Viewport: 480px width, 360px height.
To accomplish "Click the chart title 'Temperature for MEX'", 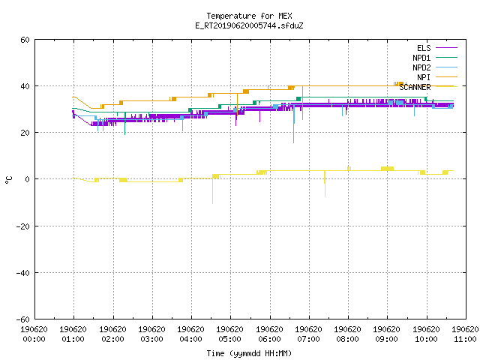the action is click(x=249, y=16).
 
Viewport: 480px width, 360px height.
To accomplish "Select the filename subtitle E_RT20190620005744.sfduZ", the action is click(x=249, y=25).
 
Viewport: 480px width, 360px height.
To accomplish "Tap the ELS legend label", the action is click(x=424, y=48).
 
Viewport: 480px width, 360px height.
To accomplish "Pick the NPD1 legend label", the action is click(x=421, y=58).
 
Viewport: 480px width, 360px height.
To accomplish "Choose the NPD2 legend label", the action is click(x=421, y=67).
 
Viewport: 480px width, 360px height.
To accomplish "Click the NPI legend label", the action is click(x=424, y=77).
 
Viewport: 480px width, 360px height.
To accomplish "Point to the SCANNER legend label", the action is click(x=415, y=87).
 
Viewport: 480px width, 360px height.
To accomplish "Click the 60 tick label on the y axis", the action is click(x=25, y=40).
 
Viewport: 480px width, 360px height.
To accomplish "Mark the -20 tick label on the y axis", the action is click(x=23, y=226).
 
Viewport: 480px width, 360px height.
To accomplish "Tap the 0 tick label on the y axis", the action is click(x=28, y=179).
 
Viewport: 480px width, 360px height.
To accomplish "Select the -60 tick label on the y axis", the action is click(x=23, y=319).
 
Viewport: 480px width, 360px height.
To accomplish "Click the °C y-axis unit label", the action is click(x=8, y=180).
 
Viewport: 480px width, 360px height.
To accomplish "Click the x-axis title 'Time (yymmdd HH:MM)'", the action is click(x=249, y=353).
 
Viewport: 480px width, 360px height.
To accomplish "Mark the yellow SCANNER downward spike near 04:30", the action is click(x=212, y=190).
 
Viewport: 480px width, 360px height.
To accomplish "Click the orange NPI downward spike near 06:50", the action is click(x=302, y=103).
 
